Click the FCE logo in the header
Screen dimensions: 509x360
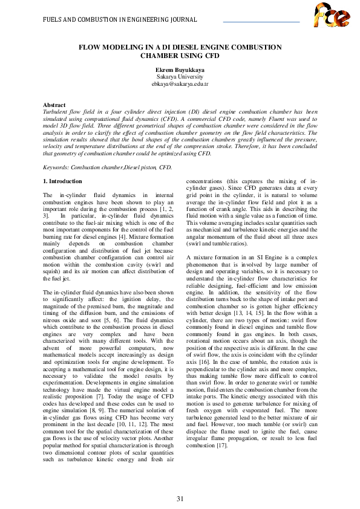tap(332, 16)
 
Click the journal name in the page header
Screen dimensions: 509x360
tap(120, 20)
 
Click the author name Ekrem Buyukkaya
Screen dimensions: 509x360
tap(180, 70)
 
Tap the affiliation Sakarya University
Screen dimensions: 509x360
tap(180, 77)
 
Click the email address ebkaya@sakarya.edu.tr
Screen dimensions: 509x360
tap(180, 85)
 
